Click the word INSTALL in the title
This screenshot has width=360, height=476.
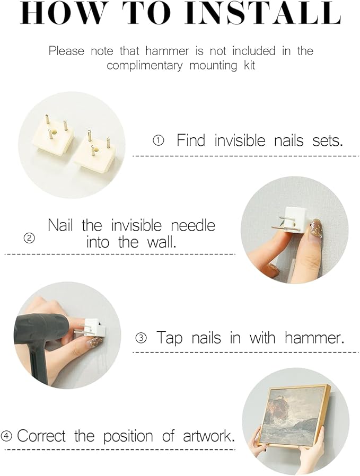pos(263,13)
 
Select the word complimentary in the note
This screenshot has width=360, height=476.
pos(145,66)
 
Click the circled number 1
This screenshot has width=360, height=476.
pos(158,140)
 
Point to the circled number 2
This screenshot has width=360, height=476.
pos(29,238)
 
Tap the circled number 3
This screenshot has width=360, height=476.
pos(141,338)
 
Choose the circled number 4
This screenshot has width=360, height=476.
pos(7,436)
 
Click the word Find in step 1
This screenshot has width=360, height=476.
pos(191,140)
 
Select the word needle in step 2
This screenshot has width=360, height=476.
pos(193,226)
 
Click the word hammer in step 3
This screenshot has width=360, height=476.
pos(314,338)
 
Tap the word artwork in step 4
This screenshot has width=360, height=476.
pos(209,436)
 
